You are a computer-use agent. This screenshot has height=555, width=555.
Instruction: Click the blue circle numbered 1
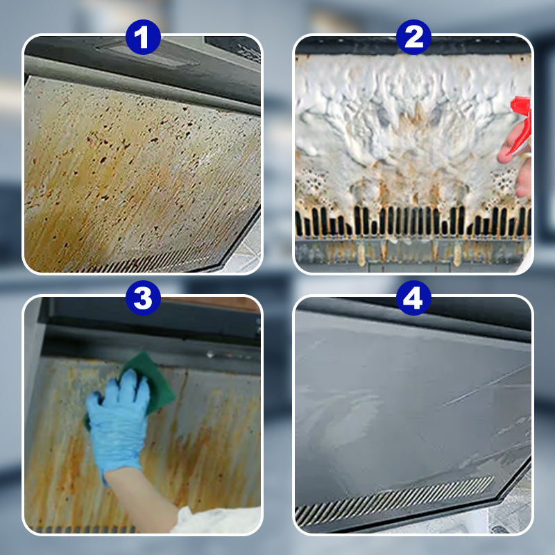(x=142, y=37)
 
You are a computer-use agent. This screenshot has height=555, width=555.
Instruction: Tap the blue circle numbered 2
(x=413, y=37)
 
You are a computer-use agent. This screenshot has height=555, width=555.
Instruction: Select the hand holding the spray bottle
(x=517, y=156)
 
